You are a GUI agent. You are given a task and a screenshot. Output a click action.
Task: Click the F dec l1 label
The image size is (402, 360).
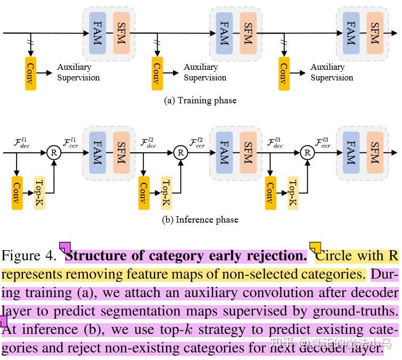[22, 143]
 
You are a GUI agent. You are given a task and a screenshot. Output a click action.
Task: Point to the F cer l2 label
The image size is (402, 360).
[197, 143]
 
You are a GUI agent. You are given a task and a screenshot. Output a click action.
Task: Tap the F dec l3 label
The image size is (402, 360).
[275, 143]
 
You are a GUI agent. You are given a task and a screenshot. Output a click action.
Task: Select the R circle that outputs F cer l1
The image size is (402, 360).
[54, 153]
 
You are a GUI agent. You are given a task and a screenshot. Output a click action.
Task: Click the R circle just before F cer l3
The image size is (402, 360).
[307, 153]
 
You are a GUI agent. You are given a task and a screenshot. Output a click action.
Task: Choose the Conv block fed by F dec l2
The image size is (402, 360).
[144, 193]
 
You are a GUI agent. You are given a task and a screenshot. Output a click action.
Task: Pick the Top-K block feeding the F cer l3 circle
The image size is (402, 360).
[293, 193]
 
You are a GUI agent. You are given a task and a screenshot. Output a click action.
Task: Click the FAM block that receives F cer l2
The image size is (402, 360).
[224, 153]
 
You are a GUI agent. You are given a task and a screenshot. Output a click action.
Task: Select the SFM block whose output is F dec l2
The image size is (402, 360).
[121, 153]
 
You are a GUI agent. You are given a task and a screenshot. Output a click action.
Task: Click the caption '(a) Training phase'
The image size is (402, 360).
[200, 100]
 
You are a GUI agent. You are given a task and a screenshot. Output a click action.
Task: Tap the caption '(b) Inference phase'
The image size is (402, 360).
[200, 220]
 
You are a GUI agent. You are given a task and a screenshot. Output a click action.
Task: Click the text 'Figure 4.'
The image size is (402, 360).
[29, 256]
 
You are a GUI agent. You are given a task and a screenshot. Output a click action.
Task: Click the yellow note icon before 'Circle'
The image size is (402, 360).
[315, 248]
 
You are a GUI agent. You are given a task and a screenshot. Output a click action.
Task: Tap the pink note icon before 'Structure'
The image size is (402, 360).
[65, 248]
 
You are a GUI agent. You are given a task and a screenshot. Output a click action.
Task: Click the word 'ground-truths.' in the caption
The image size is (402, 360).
[356, 312]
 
